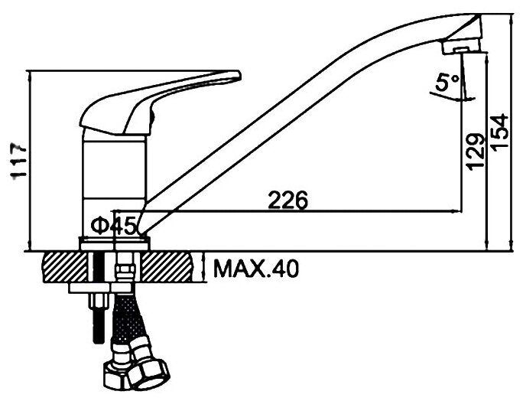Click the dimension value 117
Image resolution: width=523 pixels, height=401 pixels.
click(17, 160)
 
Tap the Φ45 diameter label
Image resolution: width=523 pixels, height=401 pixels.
click(112, 226)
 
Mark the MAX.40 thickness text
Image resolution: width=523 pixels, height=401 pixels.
click(256, 269)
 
